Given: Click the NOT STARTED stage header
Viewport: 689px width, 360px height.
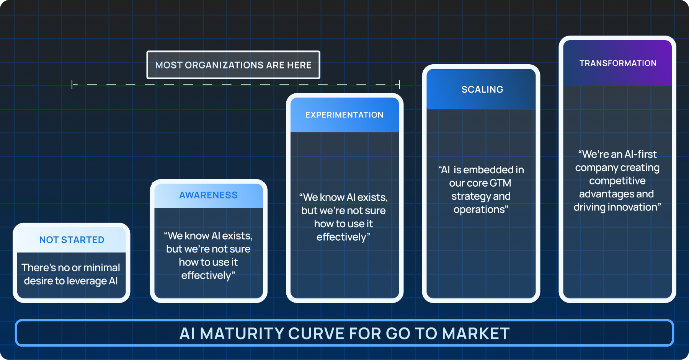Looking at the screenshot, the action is [72, 240].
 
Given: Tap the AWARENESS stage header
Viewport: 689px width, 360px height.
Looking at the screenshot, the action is [209, 195].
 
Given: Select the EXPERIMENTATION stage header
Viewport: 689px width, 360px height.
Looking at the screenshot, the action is [344, 115].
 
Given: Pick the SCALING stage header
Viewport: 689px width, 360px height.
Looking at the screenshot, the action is [482, 90].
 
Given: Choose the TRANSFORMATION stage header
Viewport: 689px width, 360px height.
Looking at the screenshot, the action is [618, 63].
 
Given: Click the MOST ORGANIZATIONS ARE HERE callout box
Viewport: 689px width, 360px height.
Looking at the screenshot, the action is [233, 65].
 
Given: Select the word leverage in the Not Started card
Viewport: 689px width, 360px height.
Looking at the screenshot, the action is [87, 281].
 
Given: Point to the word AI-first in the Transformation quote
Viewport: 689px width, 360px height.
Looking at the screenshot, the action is [640, 154].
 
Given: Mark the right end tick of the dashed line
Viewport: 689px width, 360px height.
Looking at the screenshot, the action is [399, 85].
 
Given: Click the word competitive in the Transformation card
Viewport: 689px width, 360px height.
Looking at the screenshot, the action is [617, 181].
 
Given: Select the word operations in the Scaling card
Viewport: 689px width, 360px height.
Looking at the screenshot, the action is [479, 210].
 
